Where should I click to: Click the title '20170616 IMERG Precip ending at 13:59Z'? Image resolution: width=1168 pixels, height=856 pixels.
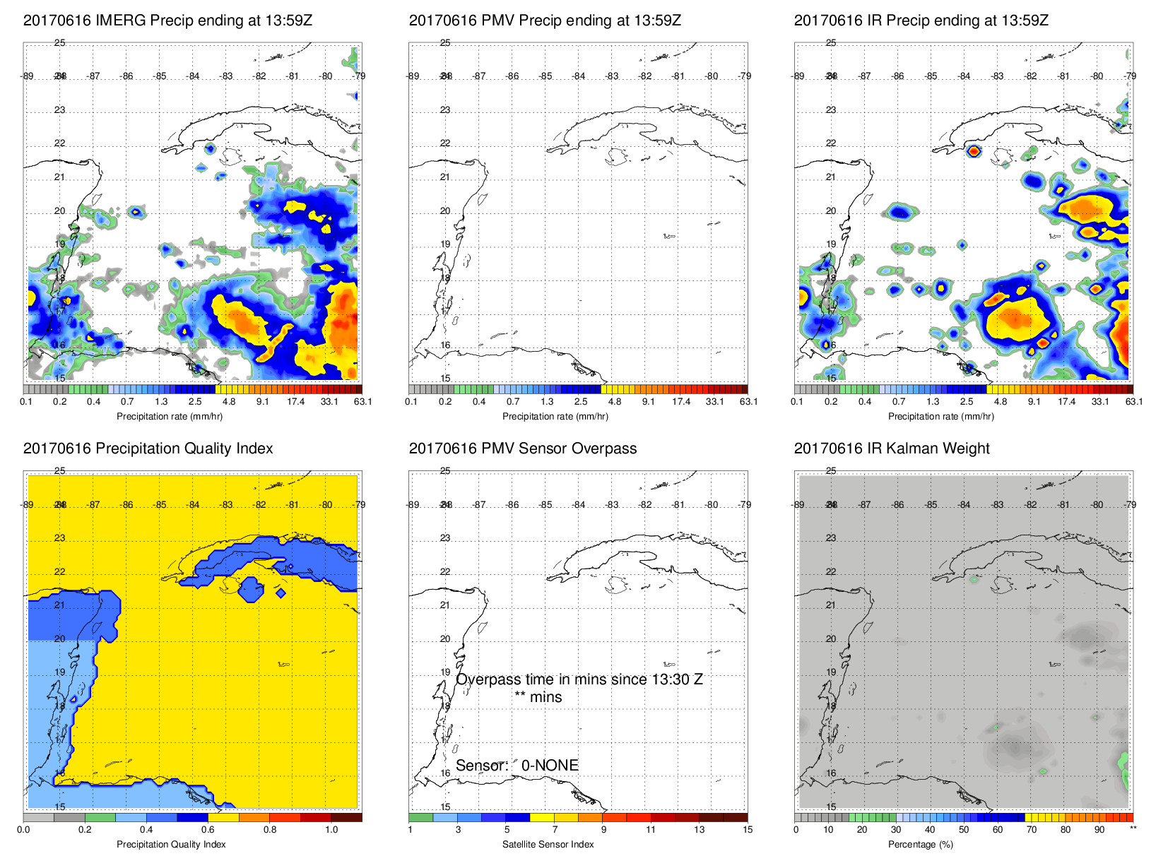tap(167, 20)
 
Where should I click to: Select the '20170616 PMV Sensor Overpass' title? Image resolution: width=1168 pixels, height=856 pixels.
tap(522, 448)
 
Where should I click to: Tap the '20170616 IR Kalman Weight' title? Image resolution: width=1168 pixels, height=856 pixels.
tap(892, 448)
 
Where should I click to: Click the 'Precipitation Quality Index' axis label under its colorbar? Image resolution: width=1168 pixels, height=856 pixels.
tap(171, 844)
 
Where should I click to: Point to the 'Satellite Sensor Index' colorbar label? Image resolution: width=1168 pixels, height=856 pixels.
tap(548, 844)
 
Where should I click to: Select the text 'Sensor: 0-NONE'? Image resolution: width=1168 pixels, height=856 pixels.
tap(517, 766)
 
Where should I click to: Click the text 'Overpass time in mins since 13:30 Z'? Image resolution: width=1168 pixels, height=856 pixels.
tap(579, 679)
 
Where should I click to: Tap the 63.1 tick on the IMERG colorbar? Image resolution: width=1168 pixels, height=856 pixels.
tap(362, 402)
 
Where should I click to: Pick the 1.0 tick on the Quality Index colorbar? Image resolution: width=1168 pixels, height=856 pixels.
tap(331, 830)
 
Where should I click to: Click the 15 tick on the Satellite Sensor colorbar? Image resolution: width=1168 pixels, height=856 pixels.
tap(748, 830)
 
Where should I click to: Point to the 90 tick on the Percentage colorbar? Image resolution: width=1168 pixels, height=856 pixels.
tap(1099, 830)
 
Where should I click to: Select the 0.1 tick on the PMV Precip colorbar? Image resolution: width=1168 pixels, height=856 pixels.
tap(411, 402)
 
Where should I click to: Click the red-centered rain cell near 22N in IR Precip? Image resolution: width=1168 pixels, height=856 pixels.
tap(974, 150)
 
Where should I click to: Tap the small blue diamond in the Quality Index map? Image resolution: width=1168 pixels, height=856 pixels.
tap(281, 593)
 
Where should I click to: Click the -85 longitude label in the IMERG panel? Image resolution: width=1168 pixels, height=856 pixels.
tap(160, 76)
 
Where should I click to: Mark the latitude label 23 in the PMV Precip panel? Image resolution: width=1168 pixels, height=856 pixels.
tap(445, 110)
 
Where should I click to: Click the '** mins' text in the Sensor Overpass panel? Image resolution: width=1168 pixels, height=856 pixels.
tap(538, 697)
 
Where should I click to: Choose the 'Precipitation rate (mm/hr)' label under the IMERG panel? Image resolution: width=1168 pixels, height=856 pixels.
tap(170, 417)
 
